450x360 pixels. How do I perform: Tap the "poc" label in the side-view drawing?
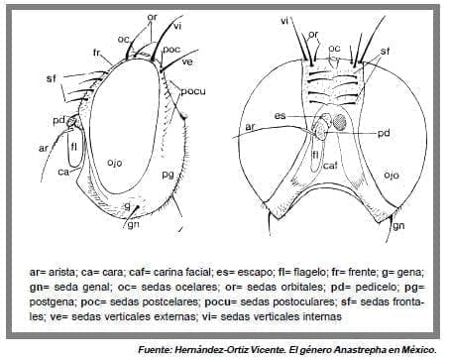coord(170,49)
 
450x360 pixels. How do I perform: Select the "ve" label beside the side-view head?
coord(186,61)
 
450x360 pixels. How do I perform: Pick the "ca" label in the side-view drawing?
coord(61,172)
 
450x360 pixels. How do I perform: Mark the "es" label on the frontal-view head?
coord(281,116)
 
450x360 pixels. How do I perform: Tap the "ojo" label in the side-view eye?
coord(115,162)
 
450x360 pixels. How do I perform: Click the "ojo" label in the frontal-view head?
coord(392,175)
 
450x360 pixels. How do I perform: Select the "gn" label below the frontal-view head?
coord(398,226)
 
